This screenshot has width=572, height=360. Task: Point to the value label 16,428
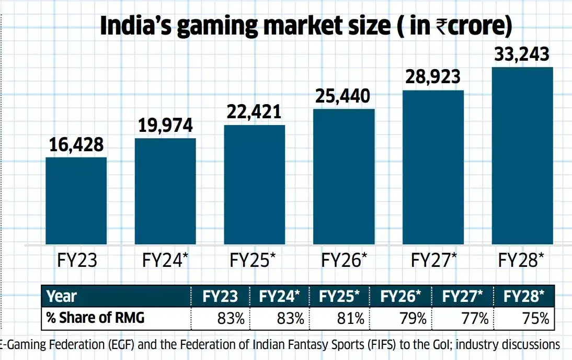tap(76, 145)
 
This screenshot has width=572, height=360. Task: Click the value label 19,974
tap(165, 126)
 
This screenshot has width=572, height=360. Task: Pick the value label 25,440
tap(344, 96)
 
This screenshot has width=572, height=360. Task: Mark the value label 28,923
tap(433, 77)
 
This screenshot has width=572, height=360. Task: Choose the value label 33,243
tap(522, 54)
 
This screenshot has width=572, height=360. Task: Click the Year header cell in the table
tap(62, 297)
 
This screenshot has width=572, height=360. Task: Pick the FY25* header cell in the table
tap(340, 297)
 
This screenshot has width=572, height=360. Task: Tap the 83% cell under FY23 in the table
tap(226, 318)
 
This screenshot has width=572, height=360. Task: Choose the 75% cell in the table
tap(534, 318)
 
